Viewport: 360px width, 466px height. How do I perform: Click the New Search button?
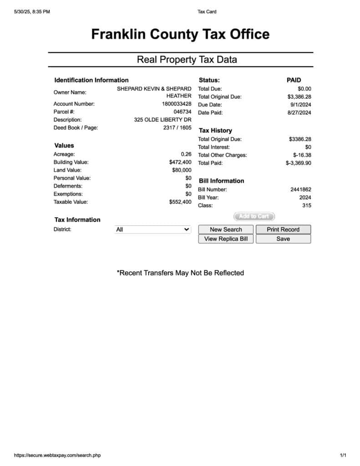click(226, 229)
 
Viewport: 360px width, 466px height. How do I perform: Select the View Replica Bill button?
click(226, 239)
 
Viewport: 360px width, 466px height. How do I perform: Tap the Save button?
click(283, 239)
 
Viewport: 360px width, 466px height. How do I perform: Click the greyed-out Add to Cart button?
click(254, 217)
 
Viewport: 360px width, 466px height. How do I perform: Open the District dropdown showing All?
click(152, 230)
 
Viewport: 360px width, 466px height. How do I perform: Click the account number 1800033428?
click(177, 104)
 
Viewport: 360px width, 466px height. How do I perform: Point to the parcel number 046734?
click(183, 112)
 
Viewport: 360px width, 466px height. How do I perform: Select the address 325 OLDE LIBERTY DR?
click(162, 120)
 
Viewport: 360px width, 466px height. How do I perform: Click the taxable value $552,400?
click(180, 202)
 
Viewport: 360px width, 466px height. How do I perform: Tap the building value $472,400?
click(180, 162)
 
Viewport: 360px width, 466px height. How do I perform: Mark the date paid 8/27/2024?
click(299, 113)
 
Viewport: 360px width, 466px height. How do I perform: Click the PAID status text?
click(294, 80)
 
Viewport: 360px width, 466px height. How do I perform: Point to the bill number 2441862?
click(301, 190)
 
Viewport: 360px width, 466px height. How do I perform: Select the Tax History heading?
click(215, 131)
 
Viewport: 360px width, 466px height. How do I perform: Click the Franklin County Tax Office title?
click(180, 34)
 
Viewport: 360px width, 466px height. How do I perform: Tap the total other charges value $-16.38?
click(302, 155)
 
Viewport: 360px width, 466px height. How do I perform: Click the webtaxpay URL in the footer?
click(57, 455)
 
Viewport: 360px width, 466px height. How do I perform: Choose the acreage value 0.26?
click(186, 154)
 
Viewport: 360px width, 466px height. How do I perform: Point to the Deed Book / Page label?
click(76, 128)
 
